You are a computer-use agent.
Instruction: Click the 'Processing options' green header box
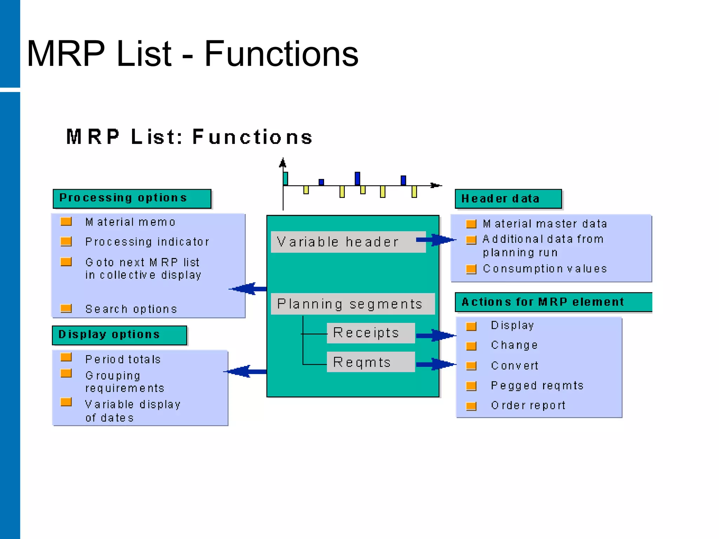pyautogui.click(x=132, y=199)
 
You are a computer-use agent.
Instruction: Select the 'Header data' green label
pyautogui.click(x=508, y=199)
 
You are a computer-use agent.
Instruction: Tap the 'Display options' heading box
pyautogui.click(x=119, y=335)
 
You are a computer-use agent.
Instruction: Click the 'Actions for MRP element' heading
pyautogui.click(x=553, y=302)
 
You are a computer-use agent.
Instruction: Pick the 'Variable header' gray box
pyautogui.click(x=348, y=242)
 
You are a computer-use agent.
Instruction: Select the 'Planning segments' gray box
pyautogui.click(x=352, y=304)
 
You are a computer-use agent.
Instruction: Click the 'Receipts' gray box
pyautogui.click(x=370, y=333)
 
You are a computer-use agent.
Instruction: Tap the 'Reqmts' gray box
pyautogui.click(x=370, y=362)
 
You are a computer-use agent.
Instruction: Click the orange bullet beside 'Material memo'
pyautogui.click(x=66, y=222)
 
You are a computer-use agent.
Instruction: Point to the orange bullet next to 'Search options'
pyautogui.click(x=66, y=308)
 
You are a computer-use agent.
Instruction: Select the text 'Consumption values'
pyautogui.click(x=545, y=269)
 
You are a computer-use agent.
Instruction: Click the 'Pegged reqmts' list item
pyautogui.click(x=537, y=386)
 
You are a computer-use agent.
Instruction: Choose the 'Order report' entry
pyautogui.click(x=528, y=406)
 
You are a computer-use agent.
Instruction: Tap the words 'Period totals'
pyautogui.click(x=123, y=359)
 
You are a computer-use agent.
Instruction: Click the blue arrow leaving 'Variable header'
pyautogui.click(x=435, y=240)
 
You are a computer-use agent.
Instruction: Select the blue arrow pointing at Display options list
pyautogui.click(x=246, y=371)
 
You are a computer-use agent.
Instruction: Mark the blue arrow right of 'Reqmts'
pyautogui.click(x=435, y=364)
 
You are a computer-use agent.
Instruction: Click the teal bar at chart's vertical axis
pyautogui.click(x=285, y=179)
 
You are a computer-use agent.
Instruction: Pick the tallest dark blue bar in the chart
pyautogui.click(x=357, y=178)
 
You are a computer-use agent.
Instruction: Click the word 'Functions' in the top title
pyautogui.click(x=281, y=54)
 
